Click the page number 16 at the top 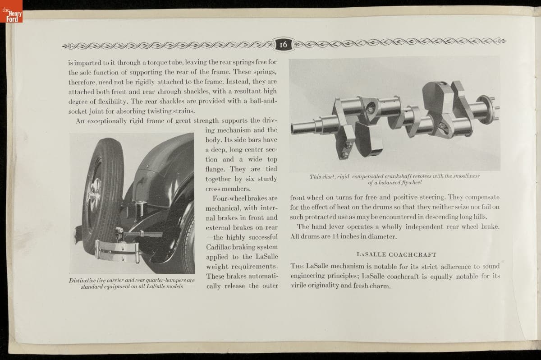[x=284, y=44]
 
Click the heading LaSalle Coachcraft [x=396, y=254]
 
